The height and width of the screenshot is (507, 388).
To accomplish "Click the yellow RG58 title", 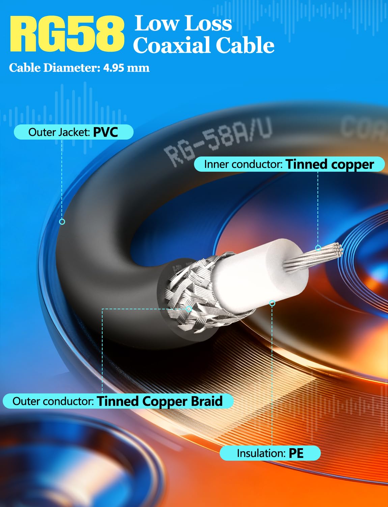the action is tap(67, 34).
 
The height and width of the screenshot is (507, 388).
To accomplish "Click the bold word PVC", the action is tap(106, 132).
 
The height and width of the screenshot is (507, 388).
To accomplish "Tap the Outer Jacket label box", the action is tap(74, 132).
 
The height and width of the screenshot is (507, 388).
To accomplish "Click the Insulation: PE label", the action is tap(270, 453).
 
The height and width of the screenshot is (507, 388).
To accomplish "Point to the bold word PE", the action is tap(296, 453).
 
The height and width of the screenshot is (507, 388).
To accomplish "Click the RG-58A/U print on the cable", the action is tap(218, 141).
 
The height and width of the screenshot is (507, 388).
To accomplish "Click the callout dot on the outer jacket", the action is tap(62, 221).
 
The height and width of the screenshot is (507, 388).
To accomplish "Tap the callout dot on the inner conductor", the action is tap(318, 248).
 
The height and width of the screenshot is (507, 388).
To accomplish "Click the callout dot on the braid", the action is tap(189, 309).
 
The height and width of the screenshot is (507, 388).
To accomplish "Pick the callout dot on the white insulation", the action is tap(272, 303).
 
